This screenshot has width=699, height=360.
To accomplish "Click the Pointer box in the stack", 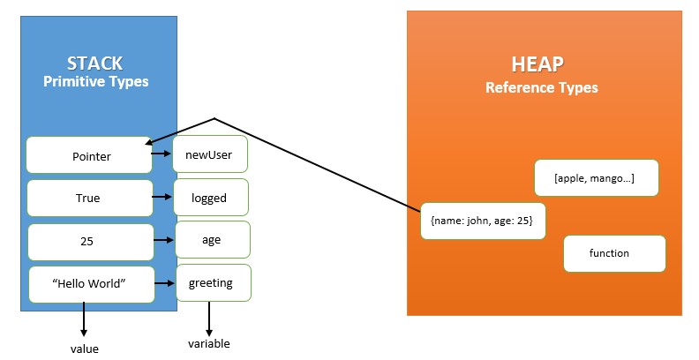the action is click(x=89, y=155).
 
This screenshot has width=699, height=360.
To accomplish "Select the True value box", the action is click(x=90, y=199).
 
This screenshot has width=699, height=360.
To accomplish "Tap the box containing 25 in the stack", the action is click(x=91, y=242).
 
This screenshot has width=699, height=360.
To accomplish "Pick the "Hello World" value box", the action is click(x=92, y=285).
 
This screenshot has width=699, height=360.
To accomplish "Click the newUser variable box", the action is click(x=210, y=154).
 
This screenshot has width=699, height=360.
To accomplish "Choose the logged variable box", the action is click(x=211, y=198).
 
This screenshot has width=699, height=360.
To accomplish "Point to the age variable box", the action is click(x=213, y=240).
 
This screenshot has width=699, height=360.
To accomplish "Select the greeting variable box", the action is click(x=214, y=283).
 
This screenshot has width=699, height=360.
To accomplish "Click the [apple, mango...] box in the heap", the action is click(x=597, y=177).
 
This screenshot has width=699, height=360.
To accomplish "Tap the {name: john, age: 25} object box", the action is click(x=483, y=221).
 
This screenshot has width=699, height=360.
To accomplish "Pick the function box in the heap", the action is click(x=614, y=253).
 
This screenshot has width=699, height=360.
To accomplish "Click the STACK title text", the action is click(x=94, y=64).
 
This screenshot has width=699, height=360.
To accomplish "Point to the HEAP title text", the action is click(x=537, y=64).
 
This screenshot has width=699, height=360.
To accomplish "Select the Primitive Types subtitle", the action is click(x=96, y=81).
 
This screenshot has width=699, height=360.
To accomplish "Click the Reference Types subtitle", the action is click(x=542, y=87).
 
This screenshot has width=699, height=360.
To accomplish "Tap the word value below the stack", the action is click(x=84, y=349).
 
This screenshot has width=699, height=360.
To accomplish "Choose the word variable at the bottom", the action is click(x=208, y=343).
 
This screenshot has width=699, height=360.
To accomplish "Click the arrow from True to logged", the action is click(x=162, y=197).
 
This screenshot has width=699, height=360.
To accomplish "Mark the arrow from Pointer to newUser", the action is click(x=162, y=154).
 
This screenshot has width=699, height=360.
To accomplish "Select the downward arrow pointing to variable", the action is click(x=208, y=319).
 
